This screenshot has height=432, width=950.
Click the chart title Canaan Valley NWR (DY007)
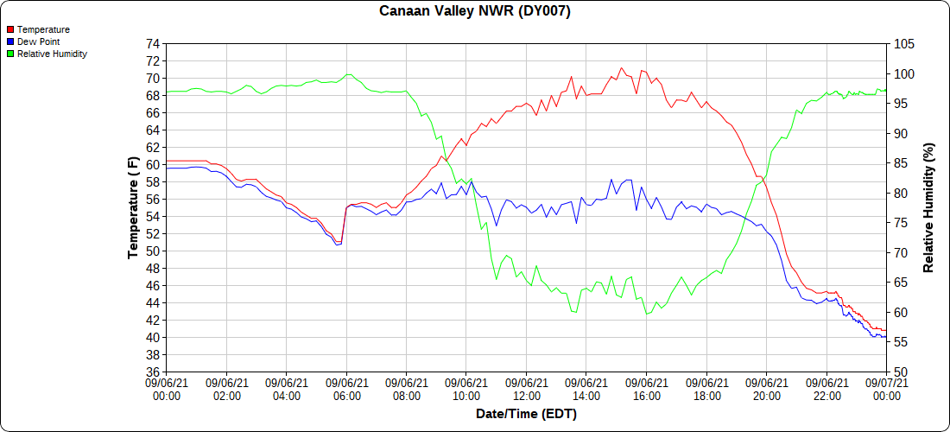point(475,11)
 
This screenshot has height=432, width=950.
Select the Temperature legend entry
point(43,29)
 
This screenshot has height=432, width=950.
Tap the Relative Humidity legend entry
point(52,54)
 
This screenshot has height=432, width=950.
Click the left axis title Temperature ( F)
point(133,207)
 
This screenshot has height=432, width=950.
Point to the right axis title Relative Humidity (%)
point(929,207)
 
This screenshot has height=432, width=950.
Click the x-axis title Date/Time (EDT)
point(526,414)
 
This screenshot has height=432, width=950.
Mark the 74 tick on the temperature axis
point(153,43)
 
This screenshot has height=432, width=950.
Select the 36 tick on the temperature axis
point(153,372)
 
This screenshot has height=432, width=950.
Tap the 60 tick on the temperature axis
point(153,164)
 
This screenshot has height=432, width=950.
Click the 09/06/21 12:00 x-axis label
point(526,389)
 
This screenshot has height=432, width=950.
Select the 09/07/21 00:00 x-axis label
point(886,389)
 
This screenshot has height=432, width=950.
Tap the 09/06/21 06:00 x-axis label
point(346,389)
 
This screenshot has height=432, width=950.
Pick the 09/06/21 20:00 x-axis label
point(766,389)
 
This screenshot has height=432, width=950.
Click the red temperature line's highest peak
point(621,67)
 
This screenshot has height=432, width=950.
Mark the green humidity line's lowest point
point(646,314)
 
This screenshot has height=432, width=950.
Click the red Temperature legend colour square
point(10,29)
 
